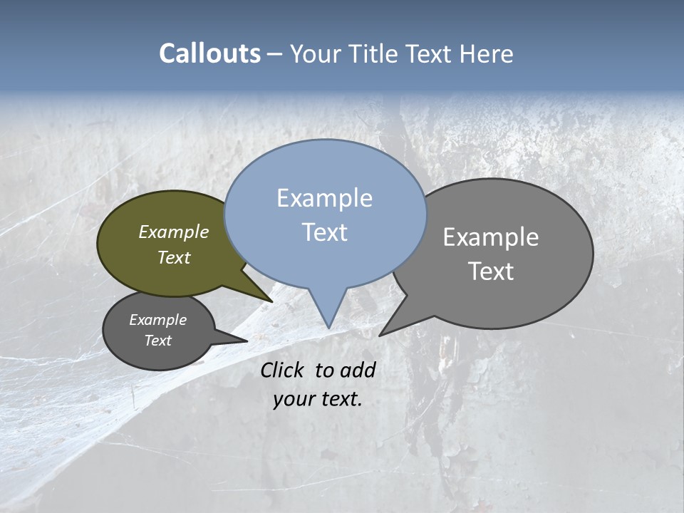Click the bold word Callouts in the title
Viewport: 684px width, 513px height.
(209, 53)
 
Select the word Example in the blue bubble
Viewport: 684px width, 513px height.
(324, 198)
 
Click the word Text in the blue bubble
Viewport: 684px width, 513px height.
(324, 232)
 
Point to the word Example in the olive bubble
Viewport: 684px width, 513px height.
(173, 232)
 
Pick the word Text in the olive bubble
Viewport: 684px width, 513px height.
(173, 257)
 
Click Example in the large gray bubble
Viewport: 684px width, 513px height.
(491, 237)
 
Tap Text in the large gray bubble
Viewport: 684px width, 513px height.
(491, 271)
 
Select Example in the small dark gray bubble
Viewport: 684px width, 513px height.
(157, 320)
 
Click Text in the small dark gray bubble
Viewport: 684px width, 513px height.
(157, 341)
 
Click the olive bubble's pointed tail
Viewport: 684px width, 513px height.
(269, 300)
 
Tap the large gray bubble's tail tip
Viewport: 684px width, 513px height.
(381, 334)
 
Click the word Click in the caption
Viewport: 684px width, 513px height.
(282, 370)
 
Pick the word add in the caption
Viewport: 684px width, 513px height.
(358, 370)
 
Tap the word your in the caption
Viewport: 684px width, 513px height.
(293, 399)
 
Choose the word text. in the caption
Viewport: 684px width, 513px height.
(340, 399)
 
